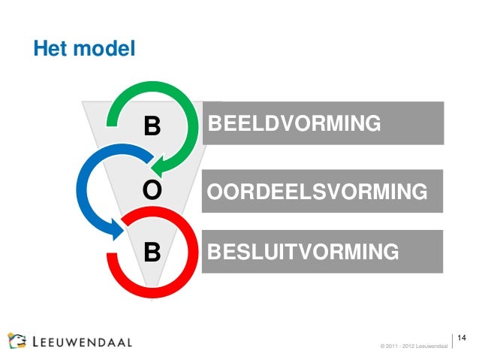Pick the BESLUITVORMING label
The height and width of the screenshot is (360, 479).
tap(303, 250)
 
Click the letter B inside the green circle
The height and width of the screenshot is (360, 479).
tap(152, 126)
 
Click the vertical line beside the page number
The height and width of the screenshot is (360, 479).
tap(453, 340)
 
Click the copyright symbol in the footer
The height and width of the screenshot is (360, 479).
tap(384, 346)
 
